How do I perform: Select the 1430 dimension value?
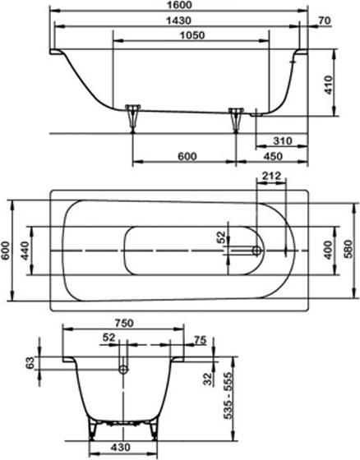coord(178,21)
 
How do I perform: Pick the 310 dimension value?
coord(282,141)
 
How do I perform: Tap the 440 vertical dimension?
coord(26,249)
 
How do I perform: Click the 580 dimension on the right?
coord(352,249)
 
